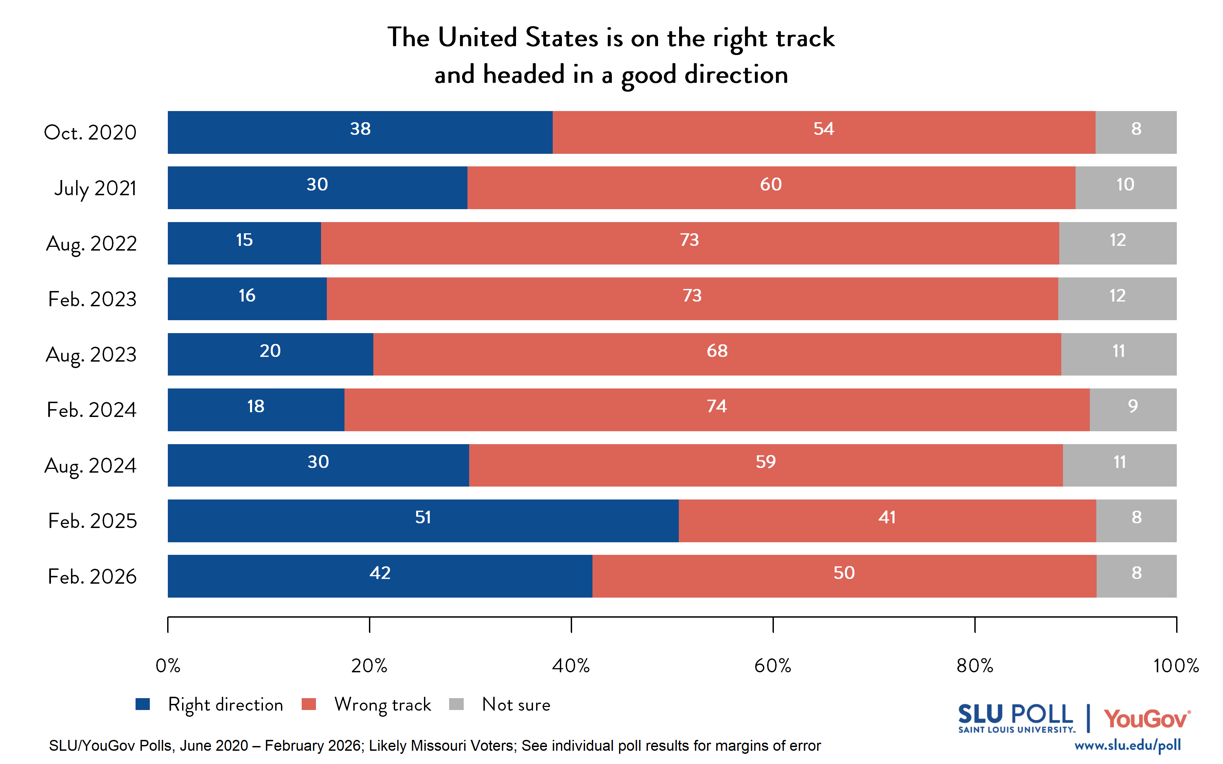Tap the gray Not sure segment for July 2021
click(x=1125, y=187)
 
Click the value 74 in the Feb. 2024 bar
click(x=716, y=406)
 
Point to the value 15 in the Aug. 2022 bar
click(x=244, y=240)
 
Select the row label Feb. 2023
click(x=92, y=299)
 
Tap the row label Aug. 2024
click(x=90, y=466)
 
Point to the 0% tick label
click(x=168, y=666)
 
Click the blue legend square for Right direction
click(x=143, y=704)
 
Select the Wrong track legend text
click(x=383, y=704)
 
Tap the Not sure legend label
click(x=516, y=704)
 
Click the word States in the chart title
click(x=562, y=38)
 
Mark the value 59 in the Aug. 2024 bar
click(x=766, y=462)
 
